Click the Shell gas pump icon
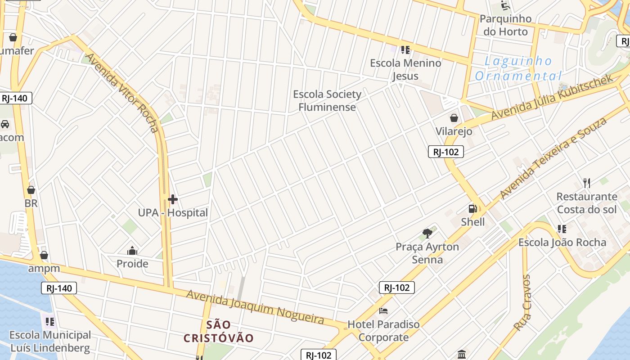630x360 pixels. [x=472, y=209]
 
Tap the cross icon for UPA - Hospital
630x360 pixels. [x=173, y=199]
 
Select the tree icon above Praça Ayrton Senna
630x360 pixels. [x=427, y=233]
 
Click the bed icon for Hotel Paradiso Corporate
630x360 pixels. [x=383, y=311]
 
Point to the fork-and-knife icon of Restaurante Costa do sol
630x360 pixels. [x=586, y=183]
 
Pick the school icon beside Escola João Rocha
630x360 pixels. [x=562, y=229]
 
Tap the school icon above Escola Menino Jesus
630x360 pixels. [x=405, y=49]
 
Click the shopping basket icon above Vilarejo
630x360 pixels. [x=454, y=118]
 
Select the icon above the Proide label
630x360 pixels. [x=132, y=251]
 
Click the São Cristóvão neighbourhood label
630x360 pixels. [x=219, y=331]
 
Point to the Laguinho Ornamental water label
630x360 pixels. [x=518, y=68]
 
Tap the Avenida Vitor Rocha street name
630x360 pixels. [x=122, y=93]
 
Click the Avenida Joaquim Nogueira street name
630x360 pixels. [x=255, y=307]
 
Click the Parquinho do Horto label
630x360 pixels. [x=505, y=25]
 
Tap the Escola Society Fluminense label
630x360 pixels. [x=327, y=101]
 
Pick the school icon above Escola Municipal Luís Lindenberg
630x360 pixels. [x=50, y=322]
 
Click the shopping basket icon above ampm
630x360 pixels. [x=44, y=256]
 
